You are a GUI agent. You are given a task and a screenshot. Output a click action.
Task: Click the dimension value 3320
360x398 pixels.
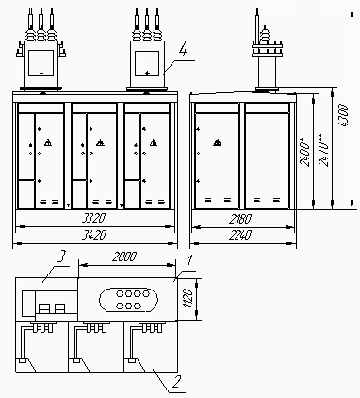pyautogui.click(x=93, y=218)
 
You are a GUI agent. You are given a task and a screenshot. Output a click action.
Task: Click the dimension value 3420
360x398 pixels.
pyautogui.click(x=93, y=235)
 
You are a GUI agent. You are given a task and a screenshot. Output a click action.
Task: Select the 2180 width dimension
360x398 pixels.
pyautogui.click(x=240, y=219)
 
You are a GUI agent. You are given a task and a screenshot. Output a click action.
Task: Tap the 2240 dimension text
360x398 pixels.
pyautogui.click(x=240, y=235)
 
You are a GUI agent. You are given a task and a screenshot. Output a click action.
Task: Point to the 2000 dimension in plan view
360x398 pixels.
pyautogui.click(x=124, y=257)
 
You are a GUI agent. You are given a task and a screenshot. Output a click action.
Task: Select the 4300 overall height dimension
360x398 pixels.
pyautogui.click(x=344, y=115)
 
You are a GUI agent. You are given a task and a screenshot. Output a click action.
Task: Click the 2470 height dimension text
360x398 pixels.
pyautogui.click(x=323, y=150)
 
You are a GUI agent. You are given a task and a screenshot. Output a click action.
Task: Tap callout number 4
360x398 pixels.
pyautogui.click(x=183, y=50)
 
